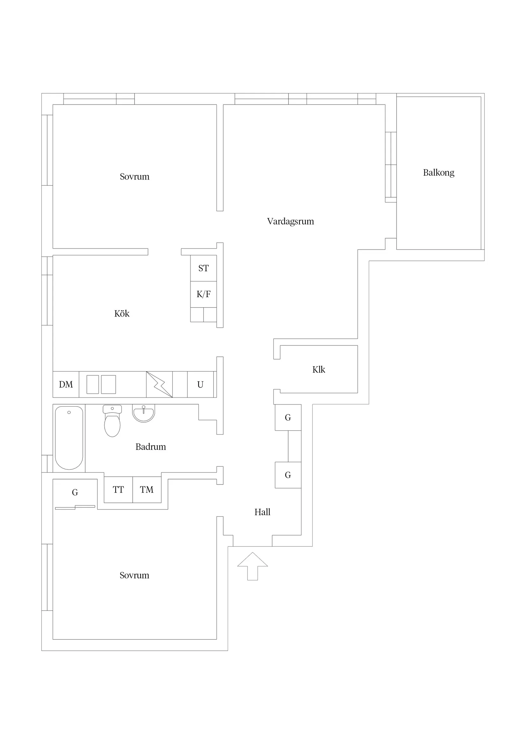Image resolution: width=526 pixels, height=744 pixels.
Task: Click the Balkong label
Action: coord(439,173)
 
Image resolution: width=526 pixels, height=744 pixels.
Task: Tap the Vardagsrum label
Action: coord(290,221)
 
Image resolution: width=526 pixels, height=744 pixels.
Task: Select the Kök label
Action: coord(122,313)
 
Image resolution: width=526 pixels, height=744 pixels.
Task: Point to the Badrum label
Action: coord(151,447)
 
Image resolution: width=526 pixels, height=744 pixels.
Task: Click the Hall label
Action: coord(262,512)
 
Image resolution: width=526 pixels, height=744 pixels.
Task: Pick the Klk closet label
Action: coord(318,369)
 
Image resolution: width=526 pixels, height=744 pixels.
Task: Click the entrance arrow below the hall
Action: coord(252,566)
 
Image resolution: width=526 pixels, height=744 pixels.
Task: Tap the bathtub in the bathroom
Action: coord(69,438)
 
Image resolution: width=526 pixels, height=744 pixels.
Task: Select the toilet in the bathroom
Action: coord(112,420)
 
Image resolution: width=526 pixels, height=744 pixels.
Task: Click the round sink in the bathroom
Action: coord(143,413)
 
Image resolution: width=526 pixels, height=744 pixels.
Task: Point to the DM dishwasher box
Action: coord(66,384)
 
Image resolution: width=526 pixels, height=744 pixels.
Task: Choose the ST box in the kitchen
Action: coord(203,268)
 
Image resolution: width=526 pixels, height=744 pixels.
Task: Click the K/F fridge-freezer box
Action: coord(203,294)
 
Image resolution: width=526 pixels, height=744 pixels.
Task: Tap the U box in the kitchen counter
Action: coord(200,384)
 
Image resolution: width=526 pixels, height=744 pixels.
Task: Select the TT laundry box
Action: coord(118,490)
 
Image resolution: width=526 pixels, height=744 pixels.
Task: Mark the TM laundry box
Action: coord(147,490)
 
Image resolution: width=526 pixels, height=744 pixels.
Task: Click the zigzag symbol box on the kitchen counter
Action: coord(159,384)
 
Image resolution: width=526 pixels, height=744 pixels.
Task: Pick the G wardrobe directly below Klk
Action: coord(288,417)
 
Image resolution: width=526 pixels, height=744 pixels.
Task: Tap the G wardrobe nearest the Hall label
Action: coord(288,475)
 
